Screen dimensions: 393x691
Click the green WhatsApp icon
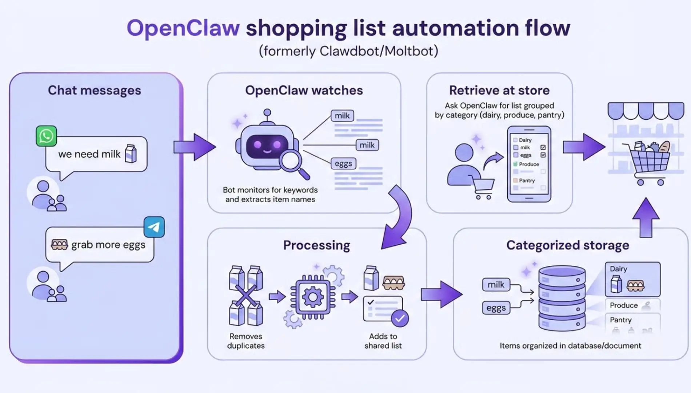tap(46, 136)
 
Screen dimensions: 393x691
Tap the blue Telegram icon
tap(154, 227)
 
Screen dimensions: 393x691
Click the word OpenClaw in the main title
tap(183, 28)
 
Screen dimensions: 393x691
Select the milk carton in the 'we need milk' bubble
tap(131, 153)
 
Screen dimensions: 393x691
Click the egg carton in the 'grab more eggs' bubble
tap(59, 245)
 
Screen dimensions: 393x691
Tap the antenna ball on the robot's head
tap(267, 112)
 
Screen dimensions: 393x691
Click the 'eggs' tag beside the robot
tap(343, 164)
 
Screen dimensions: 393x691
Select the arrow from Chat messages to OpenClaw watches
tap(194, 147)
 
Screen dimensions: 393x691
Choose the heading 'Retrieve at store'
tap(499, 90)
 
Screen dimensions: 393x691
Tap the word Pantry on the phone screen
tap(527, 180)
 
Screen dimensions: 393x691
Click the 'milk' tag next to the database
tap(496, 284)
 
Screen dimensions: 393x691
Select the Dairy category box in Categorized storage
tap(632, 279)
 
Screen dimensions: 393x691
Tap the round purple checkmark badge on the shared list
tap(400, 318)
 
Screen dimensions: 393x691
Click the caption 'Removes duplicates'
tap(246, 341)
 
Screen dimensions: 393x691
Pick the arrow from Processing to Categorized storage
tap(441, 294)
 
